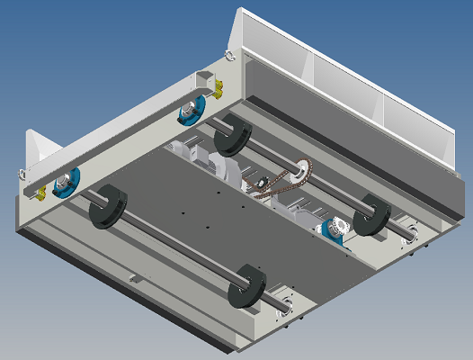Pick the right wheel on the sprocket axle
(370, 214)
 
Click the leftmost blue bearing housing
(65, 183)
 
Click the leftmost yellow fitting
(38, 192)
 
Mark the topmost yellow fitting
(216, 87)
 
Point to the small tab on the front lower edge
(134, 278)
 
